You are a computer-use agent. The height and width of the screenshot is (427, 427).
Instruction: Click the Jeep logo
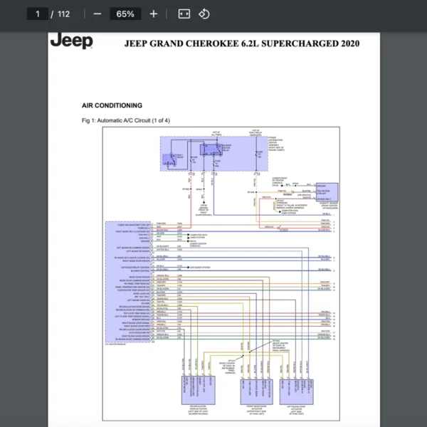(71, 41)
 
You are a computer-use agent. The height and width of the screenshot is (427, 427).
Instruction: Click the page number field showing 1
(36, 14)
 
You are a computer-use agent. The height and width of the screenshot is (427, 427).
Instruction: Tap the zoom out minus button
(97, 14)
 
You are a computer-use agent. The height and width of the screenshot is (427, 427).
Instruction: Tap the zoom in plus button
(154, 14)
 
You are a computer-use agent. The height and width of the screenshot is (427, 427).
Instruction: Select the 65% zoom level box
(125, 14)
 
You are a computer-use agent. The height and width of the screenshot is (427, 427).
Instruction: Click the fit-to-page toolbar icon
(184, 14)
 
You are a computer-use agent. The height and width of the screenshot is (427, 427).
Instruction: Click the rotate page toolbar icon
(204, 14)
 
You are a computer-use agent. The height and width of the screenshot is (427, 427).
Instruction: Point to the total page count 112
(63, 14)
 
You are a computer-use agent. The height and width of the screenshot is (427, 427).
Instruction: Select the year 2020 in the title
(348, 43)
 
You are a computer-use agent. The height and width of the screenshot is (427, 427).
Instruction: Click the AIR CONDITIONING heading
(112, 105)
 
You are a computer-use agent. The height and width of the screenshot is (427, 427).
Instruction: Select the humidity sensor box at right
(327, 191)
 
